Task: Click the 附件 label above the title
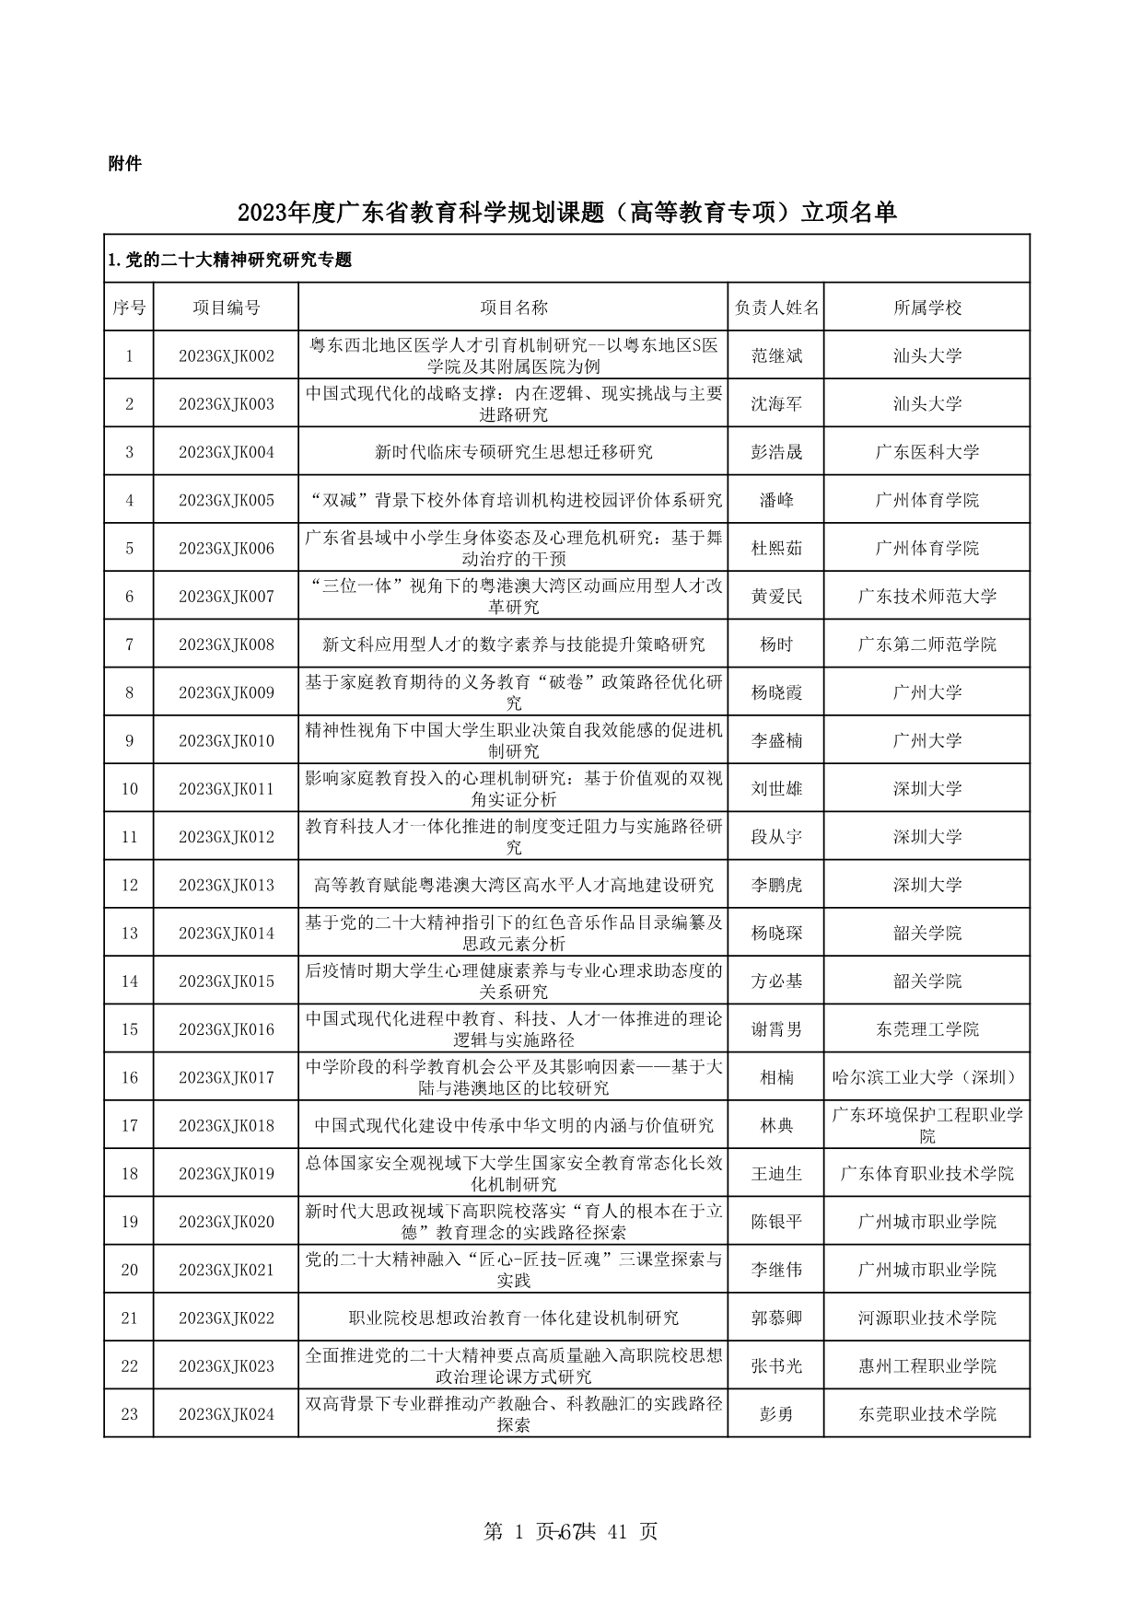tap(124, 164)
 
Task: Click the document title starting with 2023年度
tap(566, 213)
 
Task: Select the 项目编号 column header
tap(226, 308)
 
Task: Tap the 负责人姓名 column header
tap(776, 308)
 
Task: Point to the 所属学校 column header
tap(926, 308)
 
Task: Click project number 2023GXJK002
tap(226, 355)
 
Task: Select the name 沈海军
tap(776, 403)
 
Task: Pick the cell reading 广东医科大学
tap(926, 452)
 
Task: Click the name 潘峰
tap(776, 500)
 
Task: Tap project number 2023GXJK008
tap(226, 644)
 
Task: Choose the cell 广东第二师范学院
tap(926, 644)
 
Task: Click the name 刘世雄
tap(776, 789)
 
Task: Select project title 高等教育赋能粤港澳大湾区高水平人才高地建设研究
tap(513, 885)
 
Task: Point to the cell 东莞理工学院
tap(926, 1029)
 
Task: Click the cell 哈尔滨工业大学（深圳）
tap(926, 1077)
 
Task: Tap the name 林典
tap(776, 1125)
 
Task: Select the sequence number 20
tap(129, 1270)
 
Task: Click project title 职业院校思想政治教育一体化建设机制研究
tap(513, 1318)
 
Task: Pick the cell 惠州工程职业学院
tap(926, 1366)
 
